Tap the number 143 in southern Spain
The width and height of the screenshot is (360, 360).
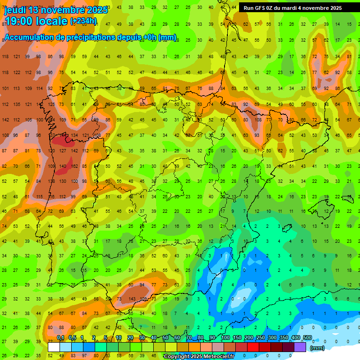pos(132,299)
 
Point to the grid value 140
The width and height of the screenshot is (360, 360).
pos(62,166)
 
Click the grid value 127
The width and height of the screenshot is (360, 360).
pos(62,151)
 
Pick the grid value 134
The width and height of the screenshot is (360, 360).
pos(74,135)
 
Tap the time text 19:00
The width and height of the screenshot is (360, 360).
pos(22,21)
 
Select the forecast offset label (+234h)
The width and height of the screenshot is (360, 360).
pos(83,21)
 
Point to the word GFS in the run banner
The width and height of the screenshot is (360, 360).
pos(266,8)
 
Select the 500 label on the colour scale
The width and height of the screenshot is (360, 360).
pos(307,338)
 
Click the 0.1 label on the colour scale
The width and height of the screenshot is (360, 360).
pos(60,338)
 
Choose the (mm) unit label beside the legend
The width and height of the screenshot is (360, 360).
pos(317,348)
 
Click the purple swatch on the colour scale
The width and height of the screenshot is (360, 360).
pos(300,347)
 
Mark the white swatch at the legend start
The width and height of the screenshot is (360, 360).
pos(54,347)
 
